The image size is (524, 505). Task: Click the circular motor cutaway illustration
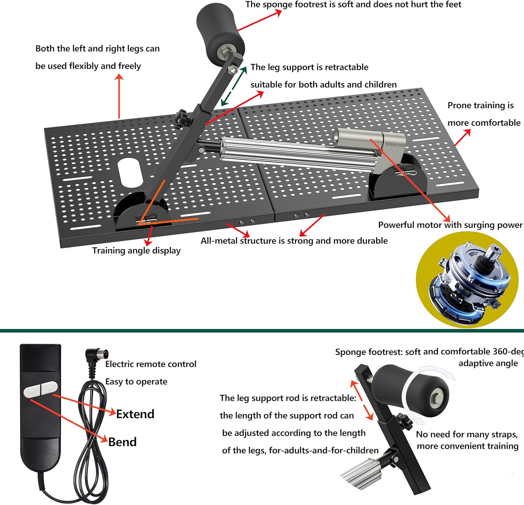pyautogui.click(x=467, y=280)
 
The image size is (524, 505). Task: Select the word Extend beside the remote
pyautogui.click(x=135, y=414)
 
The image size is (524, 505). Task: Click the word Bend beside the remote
pyautogui.click(x=122, y=442)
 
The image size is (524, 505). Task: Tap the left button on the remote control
pyautogui.click(x=32, y=391)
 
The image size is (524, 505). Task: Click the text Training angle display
pyautogui.click(x=136, y=251)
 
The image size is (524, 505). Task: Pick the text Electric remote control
pyautogui.click(x=151, y=364)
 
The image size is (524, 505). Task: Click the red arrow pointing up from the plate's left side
pyautogui.click(x=119, y=96)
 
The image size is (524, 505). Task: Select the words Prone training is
pyautogui.click(x=480, y=105)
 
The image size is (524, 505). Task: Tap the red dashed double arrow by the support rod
pyautogui.click(x=362, y=400)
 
